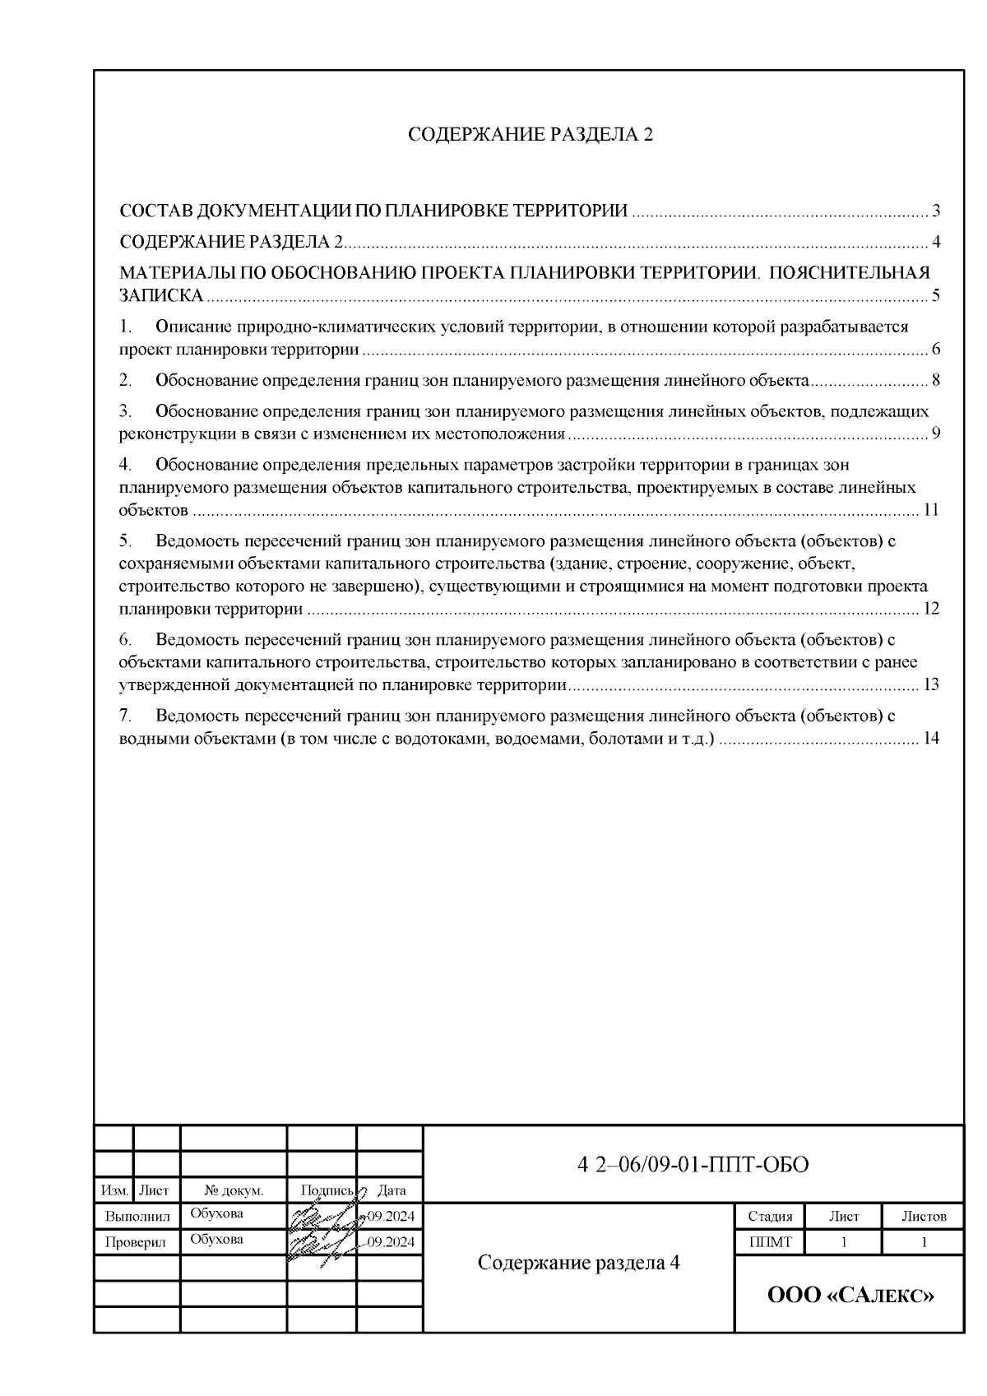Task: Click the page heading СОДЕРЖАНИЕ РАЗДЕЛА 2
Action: pyautogui.click(x=531, y=136)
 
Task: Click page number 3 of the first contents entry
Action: pyautogui.click(x=936, y=211)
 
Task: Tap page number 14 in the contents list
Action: pyautogui.click(x=930, y=738)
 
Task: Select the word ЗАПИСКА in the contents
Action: pyautogui.click(x=161, y=296)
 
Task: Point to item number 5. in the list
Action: pyautogui.click(x=126, y=540)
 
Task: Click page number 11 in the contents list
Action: pyautogui.click(x=930, y=510)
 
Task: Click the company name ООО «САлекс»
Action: pyautogui.click(x=850, y=1296)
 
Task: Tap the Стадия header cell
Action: pyautogui.click(x=770, y=1217)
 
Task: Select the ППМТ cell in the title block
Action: pyautogui.click(x=770, y=1242)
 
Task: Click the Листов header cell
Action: pyautogui.click(x=924, y=1217)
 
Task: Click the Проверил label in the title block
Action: pyautogui.click(x=136, y=1242)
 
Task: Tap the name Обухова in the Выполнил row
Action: pyautogui.click(x=216, y=1213)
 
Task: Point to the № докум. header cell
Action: pyautogui.click(x=234, y=1190)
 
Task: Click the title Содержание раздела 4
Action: pyautogui.click(x=579, y=1263)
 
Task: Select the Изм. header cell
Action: pyautogui.click(x=114, y=1190)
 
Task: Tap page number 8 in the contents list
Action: pyautogui.click(x=936, y=380)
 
